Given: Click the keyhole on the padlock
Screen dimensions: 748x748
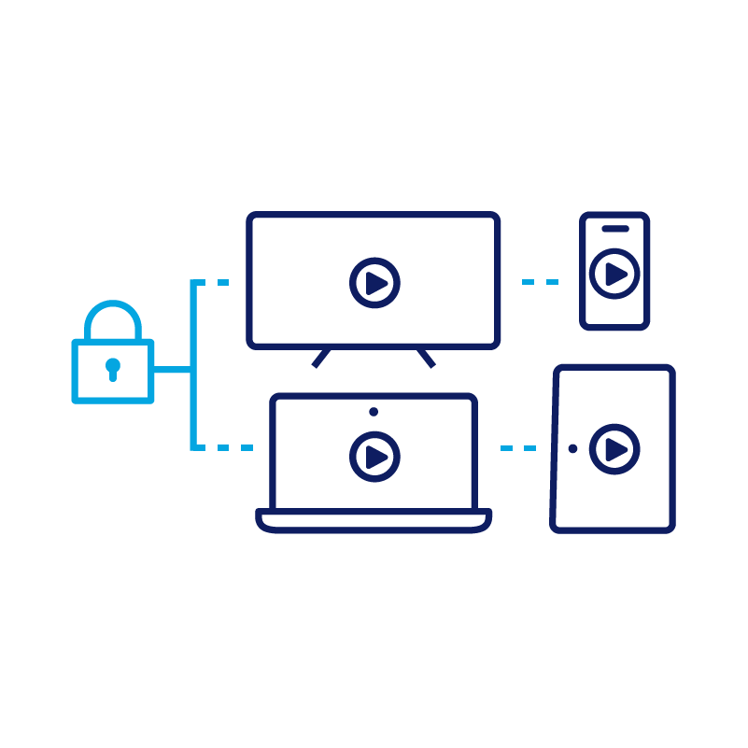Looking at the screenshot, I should tap(113, 368).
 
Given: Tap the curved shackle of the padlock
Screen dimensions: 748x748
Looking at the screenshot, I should tap(113, 305).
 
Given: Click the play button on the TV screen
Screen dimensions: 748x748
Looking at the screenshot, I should tap(374, 282).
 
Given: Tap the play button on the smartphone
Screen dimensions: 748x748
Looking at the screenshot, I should tap(614, 274).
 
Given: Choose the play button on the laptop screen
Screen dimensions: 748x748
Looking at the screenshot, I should tap(374, 456).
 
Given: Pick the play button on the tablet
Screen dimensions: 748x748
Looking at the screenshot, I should tap(614, 449).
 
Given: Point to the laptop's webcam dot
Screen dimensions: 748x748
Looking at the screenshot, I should tap(374, 411).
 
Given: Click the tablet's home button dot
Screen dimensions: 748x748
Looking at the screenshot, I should tap(572, 449).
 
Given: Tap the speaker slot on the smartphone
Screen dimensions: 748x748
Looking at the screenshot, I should tap(614, 228).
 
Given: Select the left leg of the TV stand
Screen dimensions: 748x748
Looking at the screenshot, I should tap(320, 359).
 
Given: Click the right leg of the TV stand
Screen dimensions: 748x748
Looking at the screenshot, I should tap(427, 359).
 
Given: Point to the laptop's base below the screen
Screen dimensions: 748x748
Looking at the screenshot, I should tap(374, 521).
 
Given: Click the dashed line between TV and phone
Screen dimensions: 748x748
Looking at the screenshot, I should tap(540, 281).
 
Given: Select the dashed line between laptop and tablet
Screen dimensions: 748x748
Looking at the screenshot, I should tap(518, 448).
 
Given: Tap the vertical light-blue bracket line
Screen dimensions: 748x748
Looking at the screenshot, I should tap(193, 364).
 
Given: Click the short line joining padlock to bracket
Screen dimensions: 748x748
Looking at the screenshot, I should tap(173, 371).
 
